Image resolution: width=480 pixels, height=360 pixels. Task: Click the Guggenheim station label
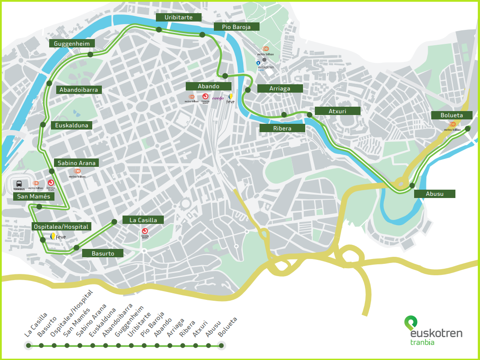[x=72, y=43]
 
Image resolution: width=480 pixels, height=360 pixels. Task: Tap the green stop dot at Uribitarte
[x=159, y=29]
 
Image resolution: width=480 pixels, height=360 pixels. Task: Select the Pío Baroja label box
[x=236, y=27]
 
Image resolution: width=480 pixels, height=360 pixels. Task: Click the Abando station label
[x=208, y=86]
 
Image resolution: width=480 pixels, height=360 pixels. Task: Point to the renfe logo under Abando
[x=218, y=98]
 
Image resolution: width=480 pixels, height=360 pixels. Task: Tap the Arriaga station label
[x=280, y=88]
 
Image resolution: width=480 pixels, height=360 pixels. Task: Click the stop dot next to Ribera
[x=284, y=115]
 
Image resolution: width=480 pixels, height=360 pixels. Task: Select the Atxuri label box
[x=338, y=111]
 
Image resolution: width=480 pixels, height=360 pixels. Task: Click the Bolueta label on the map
[x=451, y=115]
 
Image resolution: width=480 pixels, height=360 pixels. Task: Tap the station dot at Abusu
[x=412, y=185]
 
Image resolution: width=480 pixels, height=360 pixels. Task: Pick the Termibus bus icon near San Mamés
[x=19, y=184]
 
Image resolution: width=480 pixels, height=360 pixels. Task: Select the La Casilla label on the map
[x=143, y=220]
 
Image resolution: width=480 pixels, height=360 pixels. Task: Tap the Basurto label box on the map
[x=103, y=253]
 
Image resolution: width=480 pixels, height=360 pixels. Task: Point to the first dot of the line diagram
[x=29, y=346]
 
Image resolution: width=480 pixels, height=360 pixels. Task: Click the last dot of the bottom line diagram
[x=221, y=346]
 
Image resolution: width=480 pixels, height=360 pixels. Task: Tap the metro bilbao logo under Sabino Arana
[x=77, y=173]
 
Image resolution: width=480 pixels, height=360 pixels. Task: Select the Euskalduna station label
[x=71, y=125]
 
